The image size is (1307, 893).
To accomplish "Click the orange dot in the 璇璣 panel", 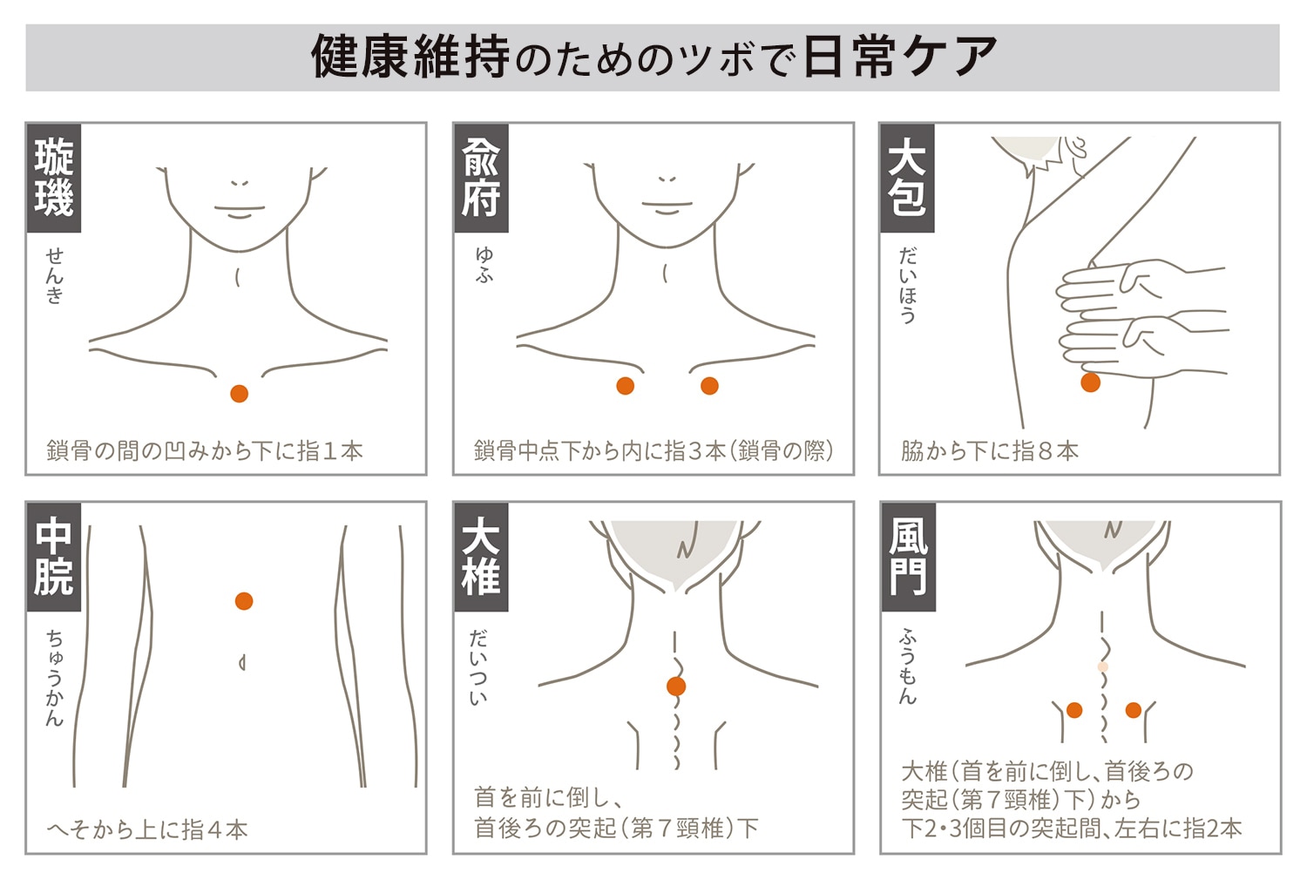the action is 240,394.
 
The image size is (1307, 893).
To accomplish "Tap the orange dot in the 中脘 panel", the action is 244,601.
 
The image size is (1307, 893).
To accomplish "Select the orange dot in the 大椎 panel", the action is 676,687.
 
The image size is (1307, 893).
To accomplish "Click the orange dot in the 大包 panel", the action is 1091,382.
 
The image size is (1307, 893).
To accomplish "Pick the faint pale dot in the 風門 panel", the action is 1103,666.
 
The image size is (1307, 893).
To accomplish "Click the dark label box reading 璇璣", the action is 54,178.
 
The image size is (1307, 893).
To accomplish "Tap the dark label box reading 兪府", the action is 481,178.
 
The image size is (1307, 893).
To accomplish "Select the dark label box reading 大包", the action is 907,178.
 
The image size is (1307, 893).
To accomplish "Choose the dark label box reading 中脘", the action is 54,557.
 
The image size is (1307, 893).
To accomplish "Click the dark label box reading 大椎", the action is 481,557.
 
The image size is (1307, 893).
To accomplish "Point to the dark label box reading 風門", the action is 909,557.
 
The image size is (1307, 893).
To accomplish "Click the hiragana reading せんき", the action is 54,275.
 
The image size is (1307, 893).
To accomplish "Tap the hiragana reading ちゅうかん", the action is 54,678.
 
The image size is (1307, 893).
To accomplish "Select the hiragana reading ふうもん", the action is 908,666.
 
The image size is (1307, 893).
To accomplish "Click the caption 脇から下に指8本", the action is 990,451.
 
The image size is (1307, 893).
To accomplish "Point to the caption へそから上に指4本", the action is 147,829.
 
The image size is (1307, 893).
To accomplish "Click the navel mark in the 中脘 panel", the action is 242,663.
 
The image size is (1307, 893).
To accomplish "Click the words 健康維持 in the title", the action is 410,57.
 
